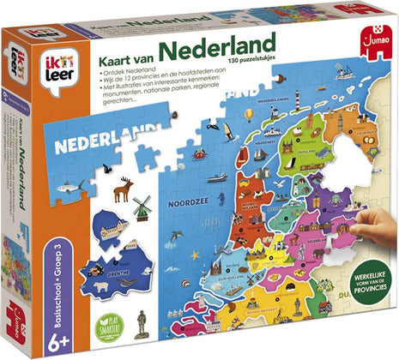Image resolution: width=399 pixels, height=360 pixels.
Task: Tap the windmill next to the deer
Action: pos(143,207)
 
